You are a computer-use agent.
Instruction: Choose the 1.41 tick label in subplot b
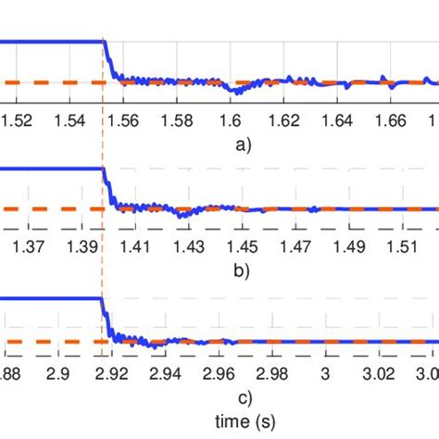point(126,245)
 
